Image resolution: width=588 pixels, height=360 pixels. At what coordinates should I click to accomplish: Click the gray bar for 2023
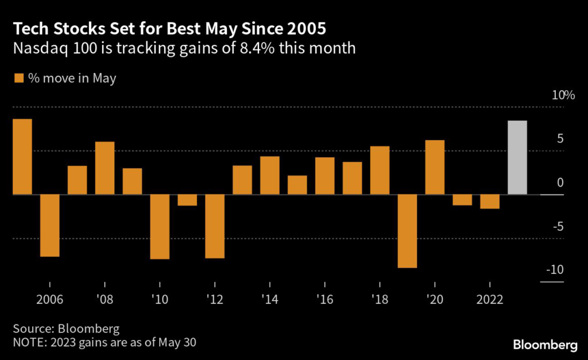[x=517, y=157]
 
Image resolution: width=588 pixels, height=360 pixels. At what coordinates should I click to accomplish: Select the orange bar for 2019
[x=407, y=231]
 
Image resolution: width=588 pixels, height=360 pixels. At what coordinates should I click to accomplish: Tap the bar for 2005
[x=22, y=157]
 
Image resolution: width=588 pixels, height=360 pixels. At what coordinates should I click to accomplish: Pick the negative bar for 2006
[x=49, y=225]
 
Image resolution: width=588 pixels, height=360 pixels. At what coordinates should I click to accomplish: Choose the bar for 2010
[x=160, y=227]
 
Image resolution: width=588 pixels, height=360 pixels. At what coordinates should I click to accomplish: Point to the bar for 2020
[x=435, y=167]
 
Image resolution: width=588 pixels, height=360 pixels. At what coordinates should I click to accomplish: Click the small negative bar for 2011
[x=187, y=200]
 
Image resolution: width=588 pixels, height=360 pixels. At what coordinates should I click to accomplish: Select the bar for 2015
[x=297, y=185]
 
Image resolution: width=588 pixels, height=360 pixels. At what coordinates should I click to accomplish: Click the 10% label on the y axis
[x=563, y=95]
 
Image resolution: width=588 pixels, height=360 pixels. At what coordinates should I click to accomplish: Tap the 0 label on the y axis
[x=560, y=183]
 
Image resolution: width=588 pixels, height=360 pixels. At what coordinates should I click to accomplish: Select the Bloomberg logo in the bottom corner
[x=545, y=344]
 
